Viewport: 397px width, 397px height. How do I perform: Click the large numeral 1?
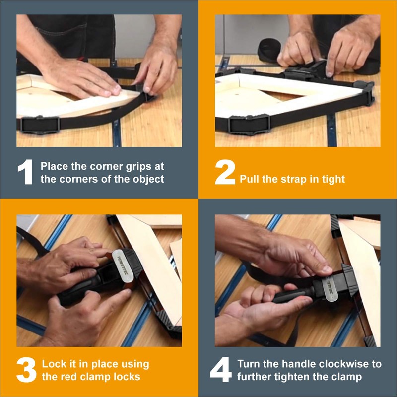[25, 172]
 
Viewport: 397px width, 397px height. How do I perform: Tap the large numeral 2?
[225, 172]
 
